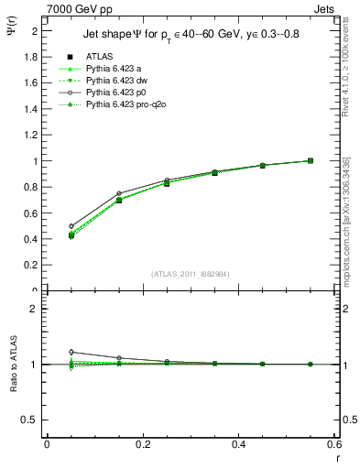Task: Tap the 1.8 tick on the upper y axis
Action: point(32,56)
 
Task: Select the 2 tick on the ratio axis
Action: point(35,309)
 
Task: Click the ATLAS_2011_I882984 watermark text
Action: point(190,274)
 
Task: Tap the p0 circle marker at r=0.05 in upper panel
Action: point(71,225)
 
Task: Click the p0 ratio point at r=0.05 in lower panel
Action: point(71,352)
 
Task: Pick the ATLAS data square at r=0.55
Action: point(310,161)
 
